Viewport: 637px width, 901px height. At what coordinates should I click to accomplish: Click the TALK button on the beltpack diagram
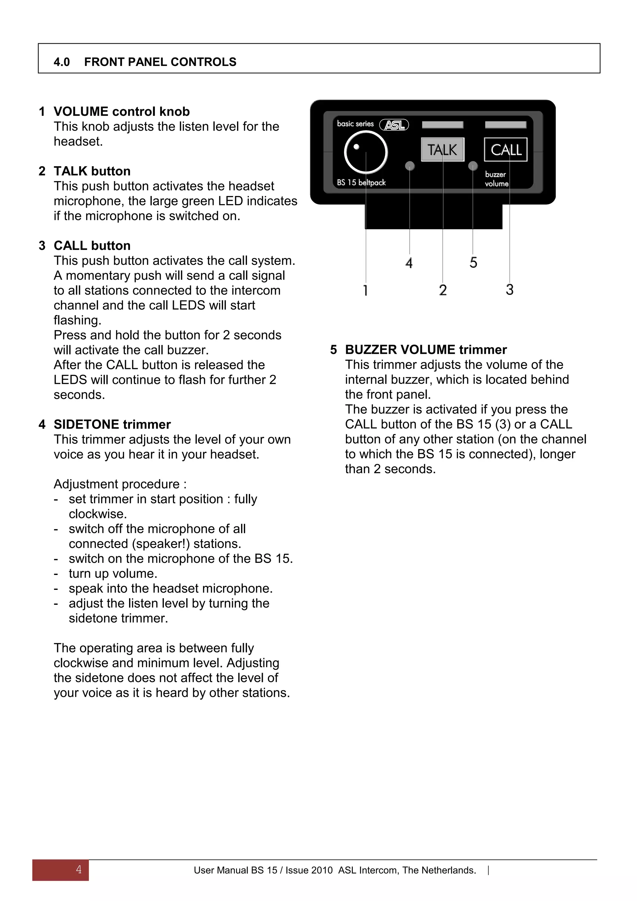point(443,150)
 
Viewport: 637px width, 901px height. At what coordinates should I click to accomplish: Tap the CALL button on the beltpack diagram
point(506,150)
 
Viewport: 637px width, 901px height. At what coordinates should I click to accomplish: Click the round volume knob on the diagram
point(365,152)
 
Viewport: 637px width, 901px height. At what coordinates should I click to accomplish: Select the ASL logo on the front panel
point(394,125)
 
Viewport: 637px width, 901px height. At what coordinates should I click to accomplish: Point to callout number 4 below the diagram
point(409,263)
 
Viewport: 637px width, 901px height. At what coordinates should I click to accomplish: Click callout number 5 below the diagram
point(473,263)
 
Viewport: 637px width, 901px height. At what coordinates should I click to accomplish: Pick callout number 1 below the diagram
point(365,290)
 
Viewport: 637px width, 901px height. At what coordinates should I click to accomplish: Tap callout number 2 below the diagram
point(443,290)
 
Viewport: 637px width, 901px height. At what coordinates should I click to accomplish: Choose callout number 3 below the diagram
point(509,290)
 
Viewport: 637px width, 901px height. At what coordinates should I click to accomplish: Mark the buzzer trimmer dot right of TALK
point(473,166)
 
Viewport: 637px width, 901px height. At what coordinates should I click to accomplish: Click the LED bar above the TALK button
point(443,125)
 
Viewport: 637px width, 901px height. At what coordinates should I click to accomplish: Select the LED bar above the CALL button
point(506,125)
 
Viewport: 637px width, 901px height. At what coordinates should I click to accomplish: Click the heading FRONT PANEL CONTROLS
point(160,62)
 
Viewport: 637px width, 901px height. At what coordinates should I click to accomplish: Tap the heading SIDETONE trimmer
point(112,425)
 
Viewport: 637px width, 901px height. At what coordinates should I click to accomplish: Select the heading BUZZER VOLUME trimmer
point(425,350)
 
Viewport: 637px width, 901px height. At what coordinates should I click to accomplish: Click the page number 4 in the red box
point(78,870)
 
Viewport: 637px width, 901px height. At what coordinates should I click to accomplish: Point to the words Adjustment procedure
point(120,484)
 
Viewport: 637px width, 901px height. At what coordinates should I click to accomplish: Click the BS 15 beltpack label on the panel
point(361,183)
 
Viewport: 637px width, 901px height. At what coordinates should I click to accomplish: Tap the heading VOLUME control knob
point(122,112)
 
